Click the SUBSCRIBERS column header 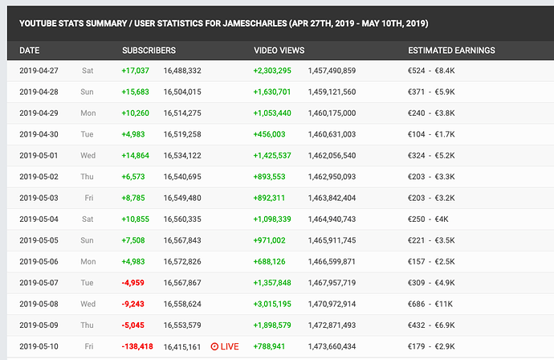coord(149,51)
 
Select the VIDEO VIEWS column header coord(279,51)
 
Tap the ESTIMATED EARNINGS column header coord(451,51)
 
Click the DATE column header coord(30,51)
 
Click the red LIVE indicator coord(225,346)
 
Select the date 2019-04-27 coord(40,72)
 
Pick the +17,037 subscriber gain coord(135,72)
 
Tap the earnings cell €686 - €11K coord(434,305)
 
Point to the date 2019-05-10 coord(40,346)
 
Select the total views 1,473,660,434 coord(332,346)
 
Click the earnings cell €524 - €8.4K coord(432,72)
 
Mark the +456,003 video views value coord(269,134)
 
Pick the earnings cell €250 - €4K coord(429,218)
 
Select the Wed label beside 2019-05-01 coord(88,155)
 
